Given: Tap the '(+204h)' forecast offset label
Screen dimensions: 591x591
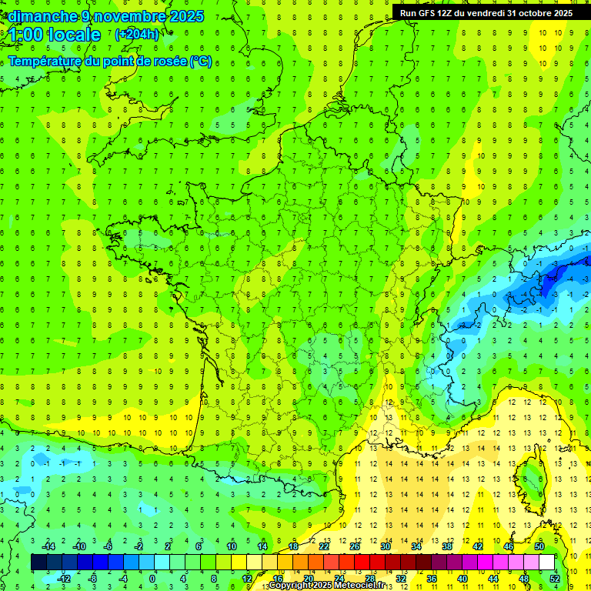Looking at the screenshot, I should (136, 34).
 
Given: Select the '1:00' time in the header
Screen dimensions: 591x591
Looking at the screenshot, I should (25, 35).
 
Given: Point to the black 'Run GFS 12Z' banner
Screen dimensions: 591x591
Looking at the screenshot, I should (486, 12).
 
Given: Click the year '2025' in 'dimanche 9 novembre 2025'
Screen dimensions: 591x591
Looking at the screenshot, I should (185, 16).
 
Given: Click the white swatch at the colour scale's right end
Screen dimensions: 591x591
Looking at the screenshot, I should (546, 563).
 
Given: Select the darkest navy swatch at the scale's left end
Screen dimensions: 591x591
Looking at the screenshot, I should (39, 563).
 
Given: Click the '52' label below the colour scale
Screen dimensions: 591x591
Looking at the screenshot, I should (554, 579).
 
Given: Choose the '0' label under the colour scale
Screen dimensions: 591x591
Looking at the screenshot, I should (152, 579).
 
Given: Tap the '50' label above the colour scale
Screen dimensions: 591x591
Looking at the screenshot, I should (539, 546).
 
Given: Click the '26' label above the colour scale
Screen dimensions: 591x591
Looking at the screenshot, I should (354, 546).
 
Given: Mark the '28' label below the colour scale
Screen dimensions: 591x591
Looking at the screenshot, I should (369, 579).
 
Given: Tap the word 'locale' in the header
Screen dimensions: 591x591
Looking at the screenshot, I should (73, 35).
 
